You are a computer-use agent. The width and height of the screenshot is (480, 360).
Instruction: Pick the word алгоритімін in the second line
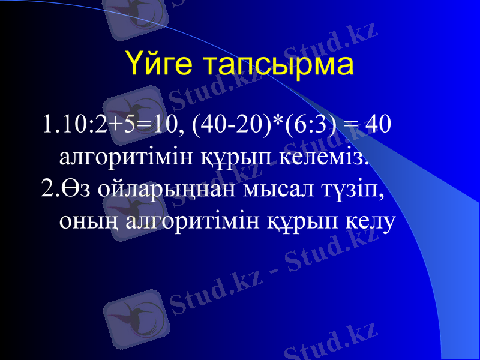click(125, 157)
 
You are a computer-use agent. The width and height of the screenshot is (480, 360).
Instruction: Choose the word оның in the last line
click(83, 222)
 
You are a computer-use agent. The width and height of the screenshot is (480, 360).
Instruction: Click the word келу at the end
click(371, 222)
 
